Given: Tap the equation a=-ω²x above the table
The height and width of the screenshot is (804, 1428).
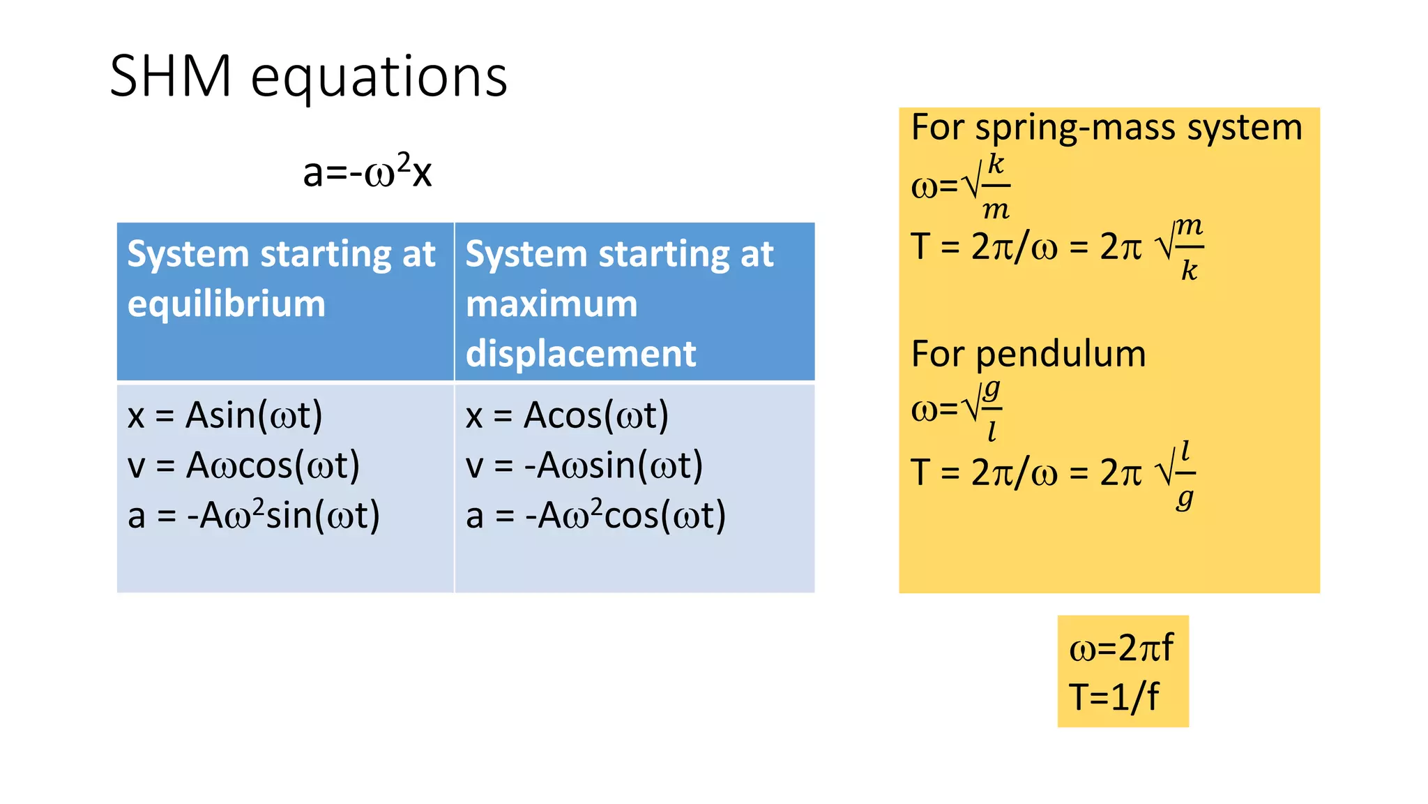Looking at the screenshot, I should pos(367,171).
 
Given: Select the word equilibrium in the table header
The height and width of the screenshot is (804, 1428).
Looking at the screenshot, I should pos(227,304).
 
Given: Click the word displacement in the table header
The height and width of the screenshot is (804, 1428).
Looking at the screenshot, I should pos(581,354).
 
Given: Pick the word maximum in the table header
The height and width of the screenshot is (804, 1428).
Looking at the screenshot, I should pos(552,304).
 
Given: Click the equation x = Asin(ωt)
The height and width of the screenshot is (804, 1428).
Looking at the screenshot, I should pos(225,415).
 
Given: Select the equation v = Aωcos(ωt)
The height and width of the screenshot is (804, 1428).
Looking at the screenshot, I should pos(244,466).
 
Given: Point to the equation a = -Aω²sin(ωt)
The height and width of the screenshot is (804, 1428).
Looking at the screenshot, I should pos(254,515).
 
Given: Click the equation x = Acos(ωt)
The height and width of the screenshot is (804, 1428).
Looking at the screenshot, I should pos(567,415).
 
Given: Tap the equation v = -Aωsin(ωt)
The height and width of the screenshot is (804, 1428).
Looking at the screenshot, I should pos(584,466).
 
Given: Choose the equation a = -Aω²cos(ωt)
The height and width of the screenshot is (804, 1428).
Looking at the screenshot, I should pos(596,515).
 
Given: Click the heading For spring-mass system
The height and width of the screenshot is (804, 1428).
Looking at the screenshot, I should pos(1107,128).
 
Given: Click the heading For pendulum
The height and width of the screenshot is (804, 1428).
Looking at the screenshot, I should pos(1028,354).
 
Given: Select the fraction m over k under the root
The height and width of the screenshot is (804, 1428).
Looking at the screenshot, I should pos(1189,248).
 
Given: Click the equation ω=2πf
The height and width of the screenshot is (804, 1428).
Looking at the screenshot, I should pos(1121,648).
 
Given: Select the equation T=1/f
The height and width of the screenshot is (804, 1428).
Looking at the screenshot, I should pos(1114,697).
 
